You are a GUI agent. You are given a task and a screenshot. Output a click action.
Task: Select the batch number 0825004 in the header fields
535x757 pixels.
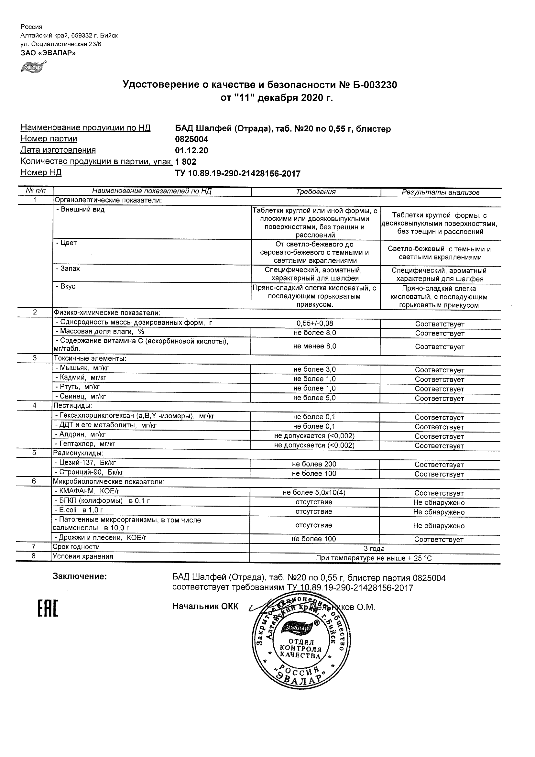click(191, 139)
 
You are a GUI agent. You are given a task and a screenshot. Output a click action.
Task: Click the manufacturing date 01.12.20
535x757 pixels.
click(191, 151)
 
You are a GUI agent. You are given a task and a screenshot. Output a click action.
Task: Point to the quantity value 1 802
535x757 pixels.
click(186, 162)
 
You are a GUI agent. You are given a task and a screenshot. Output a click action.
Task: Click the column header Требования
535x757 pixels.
click(315, 192)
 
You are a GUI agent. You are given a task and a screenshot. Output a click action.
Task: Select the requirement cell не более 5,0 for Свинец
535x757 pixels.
click(314, 398)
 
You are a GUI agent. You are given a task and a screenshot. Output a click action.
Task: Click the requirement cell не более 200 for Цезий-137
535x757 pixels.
click(314, 464)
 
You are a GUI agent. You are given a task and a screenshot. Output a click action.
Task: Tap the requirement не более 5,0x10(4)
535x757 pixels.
click(314, 493)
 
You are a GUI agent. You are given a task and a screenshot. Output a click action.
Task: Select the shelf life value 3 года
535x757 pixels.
click(374, 549)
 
